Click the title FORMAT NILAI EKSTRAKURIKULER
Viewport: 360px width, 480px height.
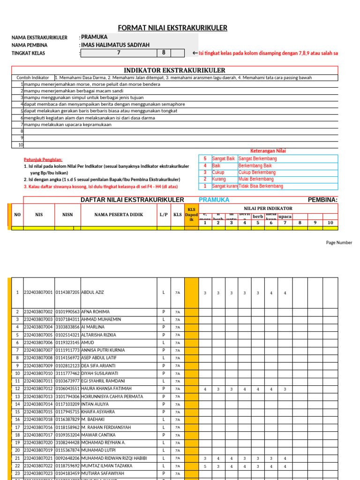[x=172, y=28]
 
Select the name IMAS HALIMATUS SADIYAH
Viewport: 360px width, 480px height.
[x=115, y=45]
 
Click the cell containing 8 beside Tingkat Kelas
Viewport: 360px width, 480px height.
[x=164, y=53]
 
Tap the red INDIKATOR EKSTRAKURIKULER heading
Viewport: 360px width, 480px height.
[x=174, y=70]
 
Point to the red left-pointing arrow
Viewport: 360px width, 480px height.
[x=195, y=53]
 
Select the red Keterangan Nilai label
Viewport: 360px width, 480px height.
[x=268, y=151]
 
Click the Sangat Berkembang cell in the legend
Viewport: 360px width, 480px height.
[x=257, y=159]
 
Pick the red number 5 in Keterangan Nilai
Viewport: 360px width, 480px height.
[x=205, y=159]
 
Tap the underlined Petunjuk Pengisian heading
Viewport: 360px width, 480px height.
[x=43, y=160]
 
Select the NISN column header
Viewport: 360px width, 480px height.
[x=67, y=215]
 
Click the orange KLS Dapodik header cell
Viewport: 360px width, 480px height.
[x=191, y=215]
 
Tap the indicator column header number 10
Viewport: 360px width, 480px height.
[x=330, y=223]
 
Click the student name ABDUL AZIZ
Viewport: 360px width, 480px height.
[x=92, y=292]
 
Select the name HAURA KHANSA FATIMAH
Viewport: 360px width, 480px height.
[x=106, y=389]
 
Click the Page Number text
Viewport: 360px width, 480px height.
[x=339, y=243]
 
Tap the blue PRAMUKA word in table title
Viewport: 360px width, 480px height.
[x=214, y=200]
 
